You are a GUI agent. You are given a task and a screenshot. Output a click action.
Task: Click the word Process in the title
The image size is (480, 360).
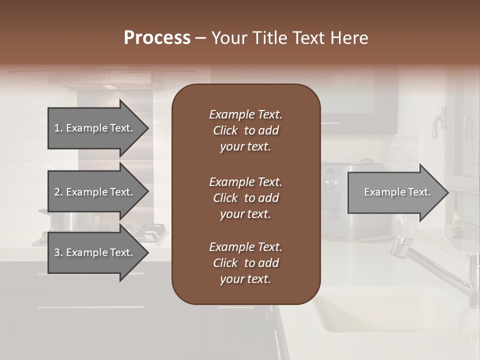[157, 38]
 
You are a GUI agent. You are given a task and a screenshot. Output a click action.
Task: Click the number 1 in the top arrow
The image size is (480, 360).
[57, 128]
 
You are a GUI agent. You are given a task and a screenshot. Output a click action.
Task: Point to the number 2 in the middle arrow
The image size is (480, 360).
[57, 192]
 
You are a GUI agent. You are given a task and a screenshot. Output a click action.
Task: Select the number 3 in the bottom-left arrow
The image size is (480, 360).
[57, 252]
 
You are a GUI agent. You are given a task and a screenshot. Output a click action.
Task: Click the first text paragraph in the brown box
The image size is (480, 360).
[245, 130]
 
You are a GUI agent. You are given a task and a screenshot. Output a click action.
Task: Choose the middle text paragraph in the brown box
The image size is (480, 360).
[245, 197]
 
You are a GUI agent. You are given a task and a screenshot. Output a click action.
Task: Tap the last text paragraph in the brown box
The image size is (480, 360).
[245, 263]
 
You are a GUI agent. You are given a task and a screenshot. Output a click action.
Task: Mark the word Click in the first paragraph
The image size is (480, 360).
[225, 130]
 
